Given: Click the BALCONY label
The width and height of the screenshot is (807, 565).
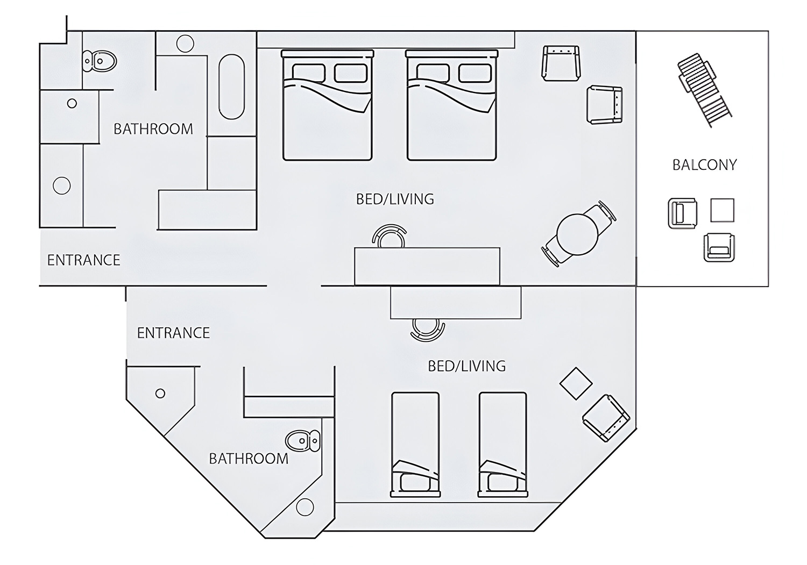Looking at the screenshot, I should [x=704, y=165].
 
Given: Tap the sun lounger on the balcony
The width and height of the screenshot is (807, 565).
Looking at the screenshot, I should [x=704, y=90].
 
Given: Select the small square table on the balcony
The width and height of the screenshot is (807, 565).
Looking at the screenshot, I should [x=722, y=210].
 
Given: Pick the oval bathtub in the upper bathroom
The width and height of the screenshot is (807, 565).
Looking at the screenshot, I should [x=232, y=87].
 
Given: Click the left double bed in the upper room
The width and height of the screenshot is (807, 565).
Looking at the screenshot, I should [x=327, y=105].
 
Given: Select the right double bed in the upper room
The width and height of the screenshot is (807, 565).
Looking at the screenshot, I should [x=451, y=105].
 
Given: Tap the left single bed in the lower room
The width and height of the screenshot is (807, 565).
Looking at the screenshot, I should [x=415, y=444].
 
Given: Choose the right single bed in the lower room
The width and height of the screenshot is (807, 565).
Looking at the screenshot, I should [x=502, y=444].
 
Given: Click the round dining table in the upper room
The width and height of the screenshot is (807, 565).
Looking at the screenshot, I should [x=577, y=235].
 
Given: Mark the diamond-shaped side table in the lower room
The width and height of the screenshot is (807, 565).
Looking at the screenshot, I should [x=576, y=384].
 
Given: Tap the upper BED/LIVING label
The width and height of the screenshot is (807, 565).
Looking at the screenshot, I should [x=395, y=199].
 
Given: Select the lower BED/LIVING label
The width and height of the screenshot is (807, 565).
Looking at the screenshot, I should [x=466, y=366].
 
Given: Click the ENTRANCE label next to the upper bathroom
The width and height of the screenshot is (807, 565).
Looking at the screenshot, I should [x=83, y=260].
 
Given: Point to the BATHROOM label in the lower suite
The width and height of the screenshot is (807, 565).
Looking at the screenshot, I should [x=248, y=459].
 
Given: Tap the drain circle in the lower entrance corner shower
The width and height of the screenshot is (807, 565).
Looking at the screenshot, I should [x=160, y=394].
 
